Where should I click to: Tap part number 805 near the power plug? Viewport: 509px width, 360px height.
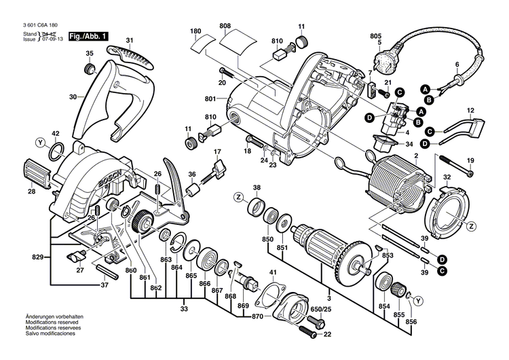click(x=375, y=35)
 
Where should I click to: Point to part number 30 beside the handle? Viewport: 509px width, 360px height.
click(x=74, y=97)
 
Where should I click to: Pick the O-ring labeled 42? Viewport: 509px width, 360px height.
click(x=58, y=149)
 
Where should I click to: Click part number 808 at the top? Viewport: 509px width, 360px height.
click(x=225, y=26)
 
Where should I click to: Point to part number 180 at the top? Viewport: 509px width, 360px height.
click(x=195, y=31)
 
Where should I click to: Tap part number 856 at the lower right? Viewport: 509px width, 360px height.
click(x=411, y=321)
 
